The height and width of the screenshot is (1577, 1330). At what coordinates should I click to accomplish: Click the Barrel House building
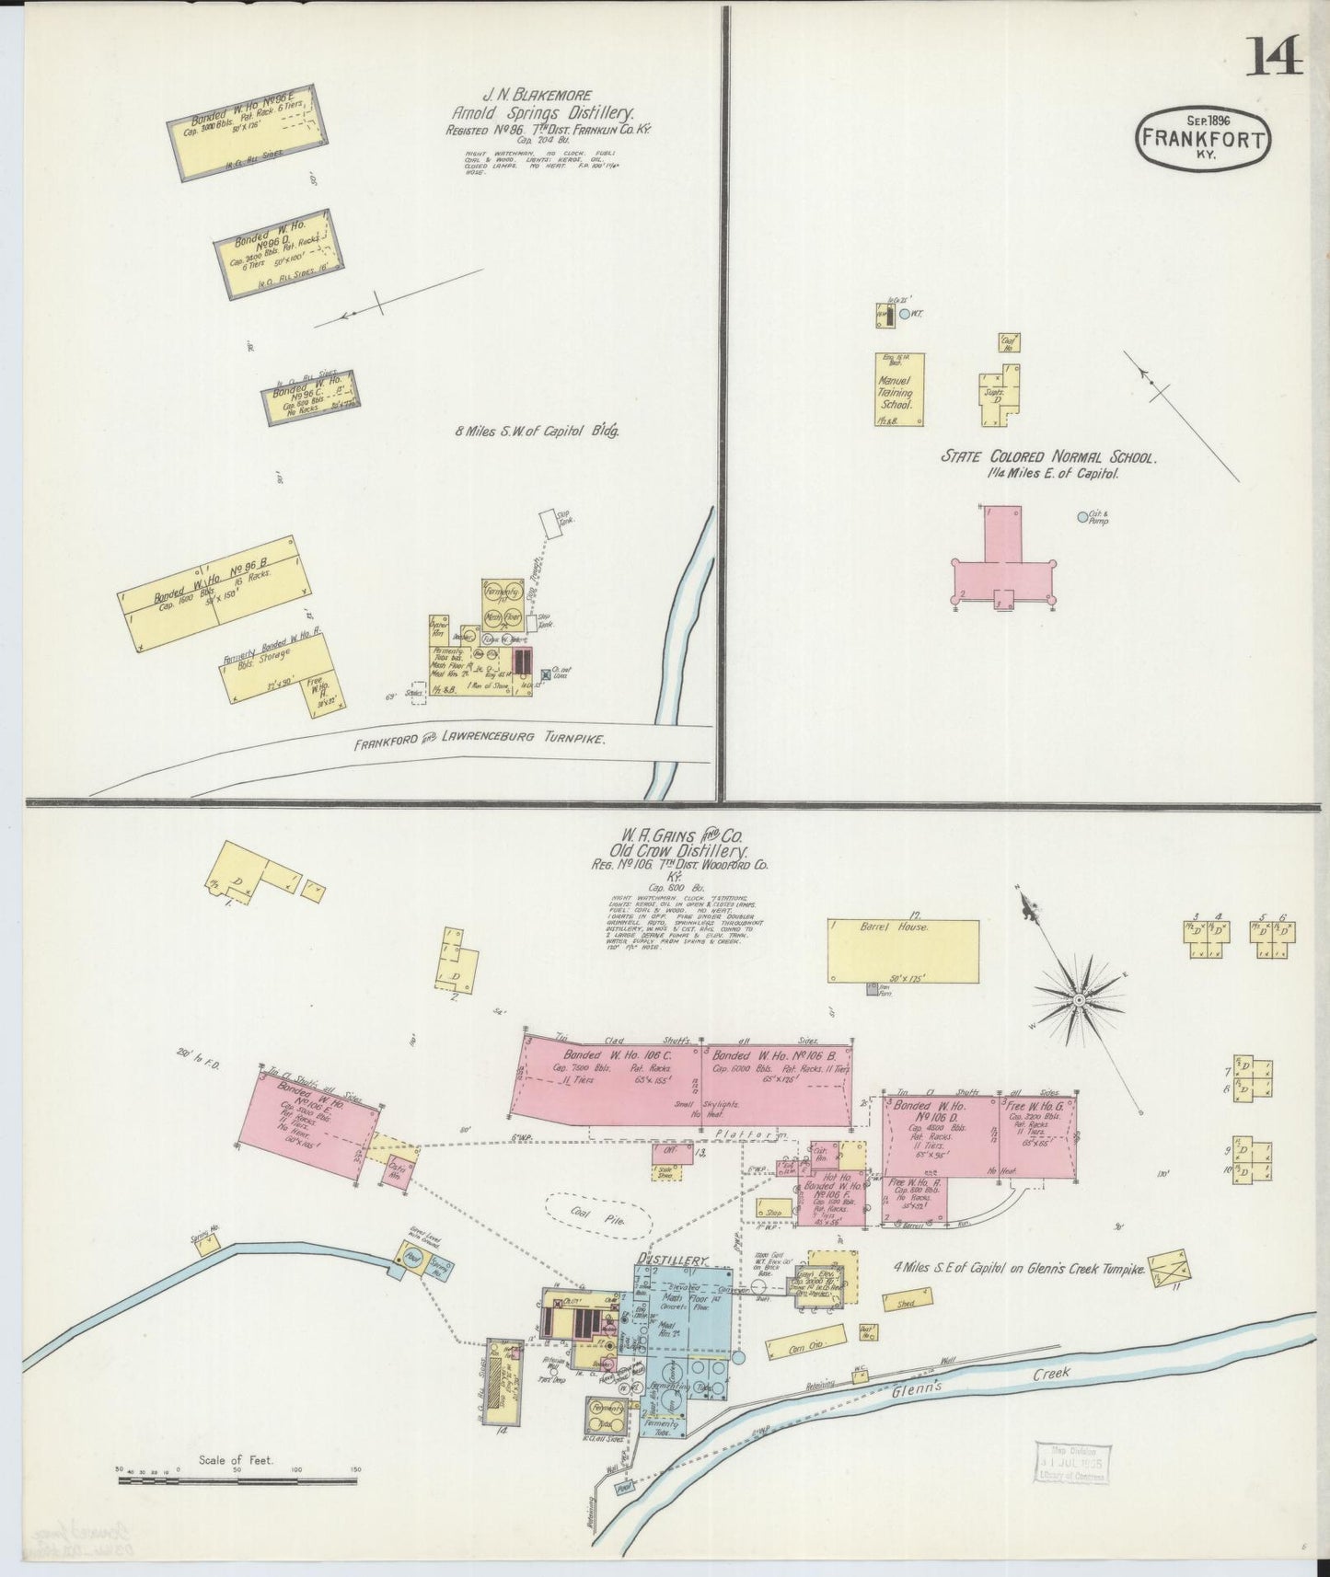903,950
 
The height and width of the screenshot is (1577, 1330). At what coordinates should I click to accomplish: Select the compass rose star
1079,998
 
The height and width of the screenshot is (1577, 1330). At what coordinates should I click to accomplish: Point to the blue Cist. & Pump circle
1083,517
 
